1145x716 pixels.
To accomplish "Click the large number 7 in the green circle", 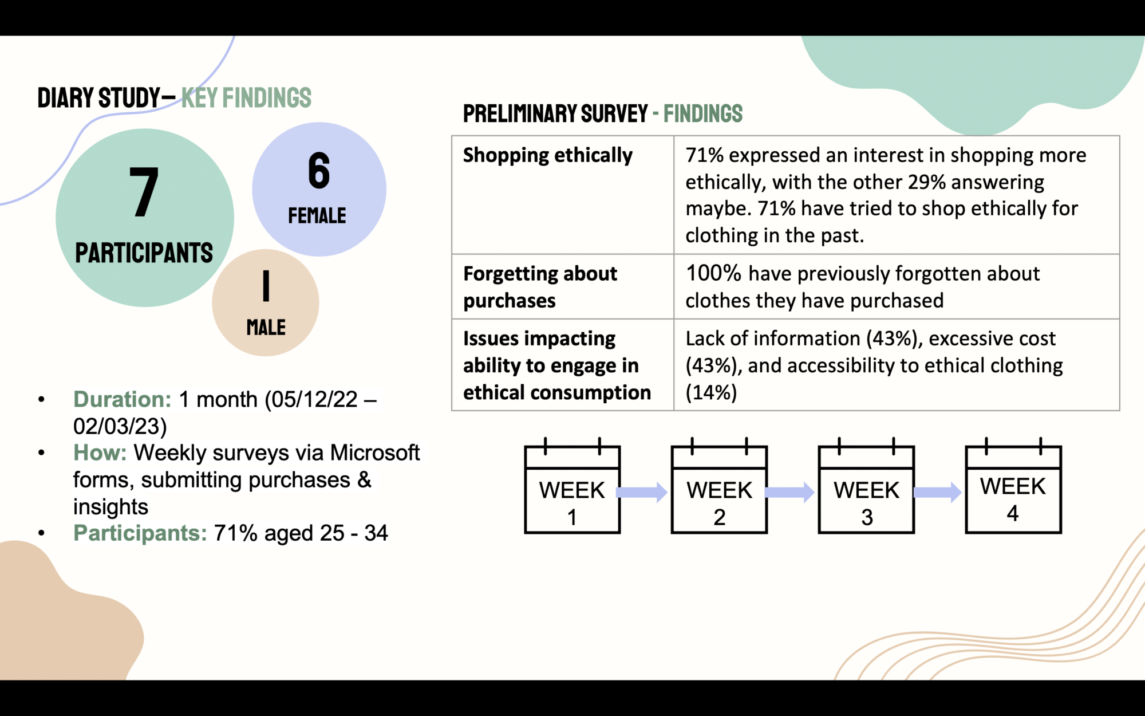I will click(x=144, y=192).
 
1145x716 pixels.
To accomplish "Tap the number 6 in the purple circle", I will click(x=319, y=171).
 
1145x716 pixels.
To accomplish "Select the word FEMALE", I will click(x=317, y=216).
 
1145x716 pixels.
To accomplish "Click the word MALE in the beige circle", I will click(x=266, y=328).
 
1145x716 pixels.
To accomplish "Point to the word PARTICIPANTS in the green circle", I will click(x=144, y=253).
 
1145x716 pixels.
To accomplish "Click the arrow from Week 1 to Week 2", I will click(x=642, y=492).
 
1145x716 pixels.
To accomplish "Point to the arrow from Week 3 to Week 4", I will click(x=937, y=492).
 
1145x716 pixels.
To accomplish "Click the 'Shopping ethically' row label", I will click(x=548, y=155).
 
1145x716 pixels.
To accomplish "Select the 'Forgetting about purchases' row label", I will click(x=540, y=287).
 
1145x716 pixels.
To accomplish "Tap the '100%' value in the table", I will click(x=713, y=274).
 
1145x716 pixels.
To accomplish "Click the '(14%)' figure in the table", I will click(x=711, y=392).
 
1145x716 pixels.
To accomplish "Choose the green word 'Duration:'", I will click(x=122, y=399).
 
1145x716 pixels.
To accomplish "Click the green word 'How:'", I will click(x=100, y=453).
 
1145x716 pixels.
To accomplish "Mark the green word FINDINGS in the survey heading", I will click(x=702, y=114).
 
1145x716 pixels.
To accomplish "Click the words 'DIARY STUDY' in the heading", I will click(x=99, y=98).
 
